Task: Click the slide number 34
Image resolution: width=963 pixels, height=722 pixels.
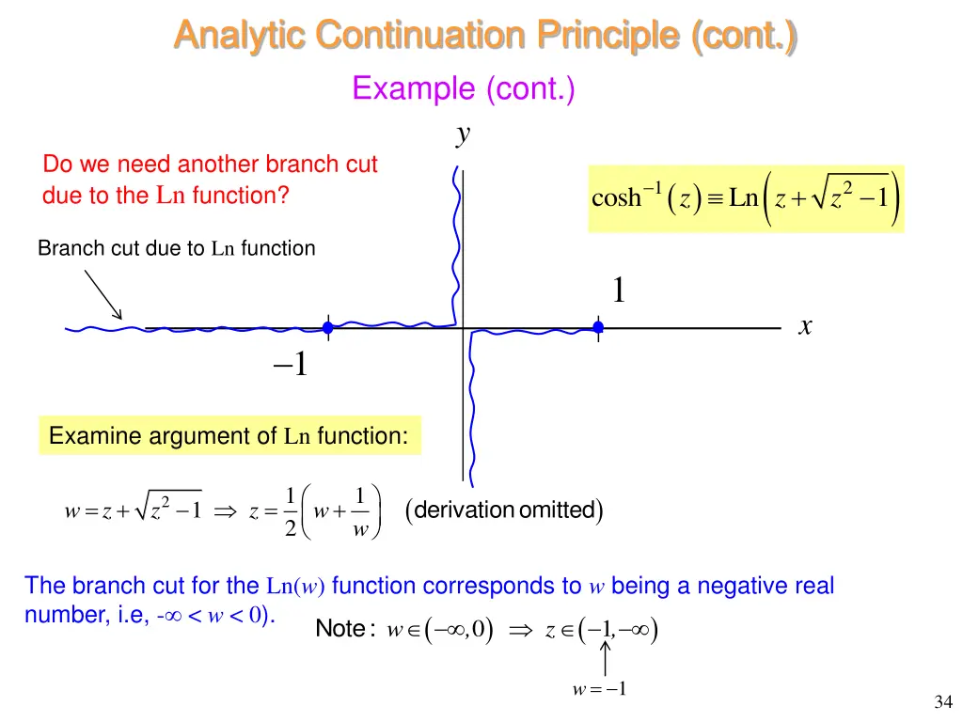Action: click(943, 701)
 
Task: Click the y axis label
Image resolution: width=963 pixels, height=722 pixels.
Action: click(462, 134)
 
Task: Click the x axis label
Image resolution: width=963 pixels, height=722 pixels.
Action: click(805, 326)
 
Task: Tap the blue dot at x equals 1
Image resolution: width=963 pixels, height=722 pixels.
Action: click(597, 327)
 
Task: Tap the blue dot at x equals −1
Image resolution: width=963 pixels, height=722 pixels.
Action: click(327, 327)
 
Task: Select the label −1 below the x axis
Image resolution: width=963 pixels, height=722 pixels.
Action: click(292, 364)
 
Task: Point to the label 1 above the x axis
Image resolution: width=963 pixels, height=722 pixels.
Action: click(618, 290)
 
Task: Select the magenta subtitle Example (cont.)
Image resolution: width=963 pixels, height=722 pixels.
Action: click(463, 89)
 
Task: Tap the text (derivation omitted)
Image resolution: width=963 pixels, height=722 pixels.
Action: click(503, 510)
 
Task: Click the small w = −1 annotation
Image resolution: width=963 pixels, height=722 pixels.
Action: click(599, 689)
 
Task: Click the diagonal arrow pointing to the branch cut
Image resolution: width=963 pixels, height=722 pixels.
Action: click(103, 294)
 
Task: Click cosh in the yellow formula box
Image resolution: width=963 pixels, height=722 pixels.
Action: click(616, 198)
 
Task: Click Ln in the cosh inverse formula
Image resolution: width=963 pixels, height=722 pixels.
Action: click(743, 198)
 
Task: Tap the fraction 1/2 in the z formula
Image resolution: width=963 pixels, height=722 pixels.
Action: click(292, 511)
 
